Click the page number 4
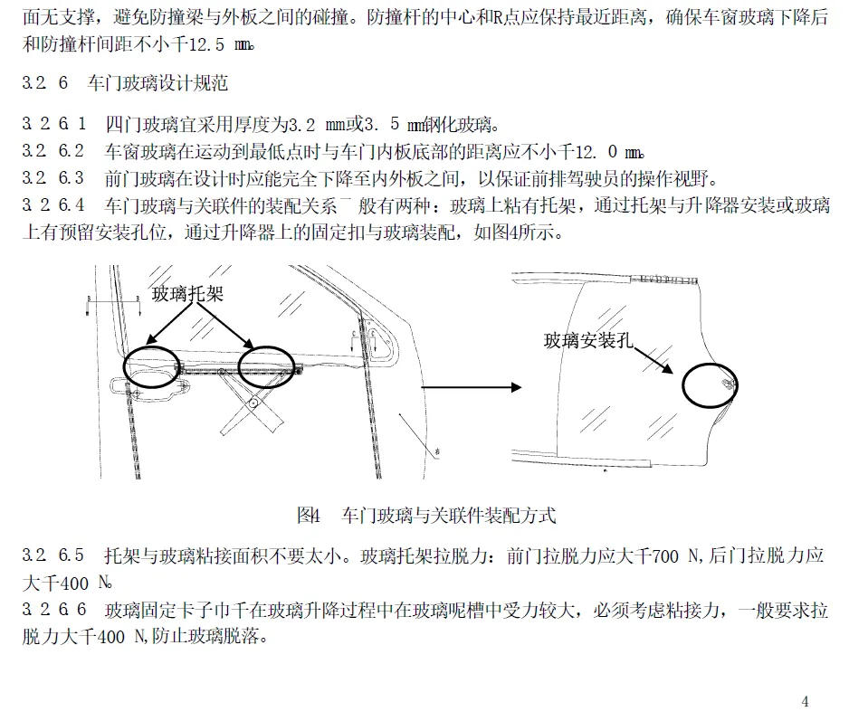click(x=806, y=701)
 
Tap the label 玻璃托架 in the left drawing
click(x=186, y=294)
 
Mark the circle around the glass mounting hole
click(x=710, y=387)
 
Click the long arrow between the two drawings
click(x=472, y=387)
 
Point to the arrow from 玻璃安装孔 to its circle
click(x=656, y=359)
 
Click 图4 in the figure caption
click(x=309, y=517)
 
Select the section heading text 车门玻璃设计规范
click(x=157, y=84)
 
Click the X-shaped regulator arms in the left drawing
click(x=253, y=406)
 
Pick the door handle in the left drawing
click(x=149, y=389)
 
